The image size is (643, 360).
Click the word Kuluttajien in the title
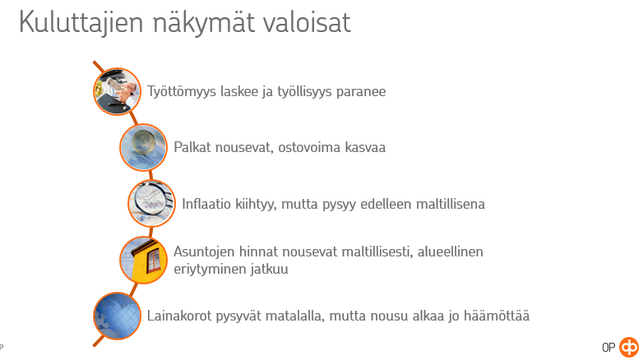point(81,22)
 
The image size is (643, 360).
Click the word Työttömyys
point(182,91)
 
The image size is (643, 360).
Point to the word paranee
point(361,92)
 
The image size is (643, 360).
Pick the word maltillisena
point(451,203)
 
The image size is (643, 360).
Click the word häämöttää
point(497,316)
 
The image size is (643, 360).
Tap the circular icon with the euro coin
point(144,147)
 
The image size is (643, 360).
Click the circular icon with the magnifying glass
point(152,203)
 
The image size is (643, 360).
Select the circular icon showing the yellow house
point(144,260)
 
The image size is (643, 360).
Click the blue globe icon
point(118,316)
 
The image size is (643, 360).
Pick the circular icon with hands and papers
point(118,91)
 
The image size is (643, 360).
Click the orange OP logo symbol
point(629,348)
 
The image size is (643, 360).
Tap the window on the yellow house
point(154,260)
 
